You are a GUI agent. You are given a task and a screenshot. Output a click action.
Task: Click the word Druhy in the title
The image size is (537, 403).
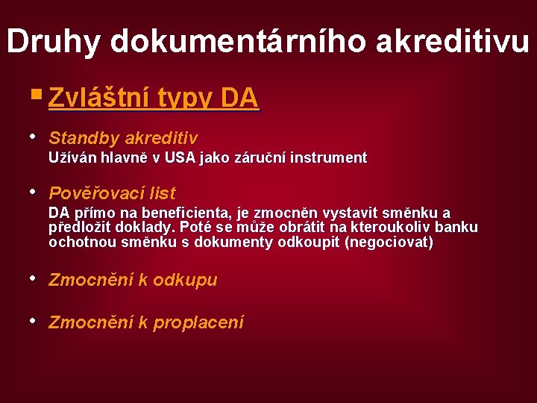tap(54, 42)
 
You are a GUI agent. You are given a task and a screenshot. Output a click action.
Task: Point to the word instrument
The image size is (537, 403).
tap(329, 157)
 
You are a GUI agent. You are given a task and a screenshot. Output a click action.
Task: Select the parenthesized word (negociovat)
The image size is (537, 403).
tap(389, 242)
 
